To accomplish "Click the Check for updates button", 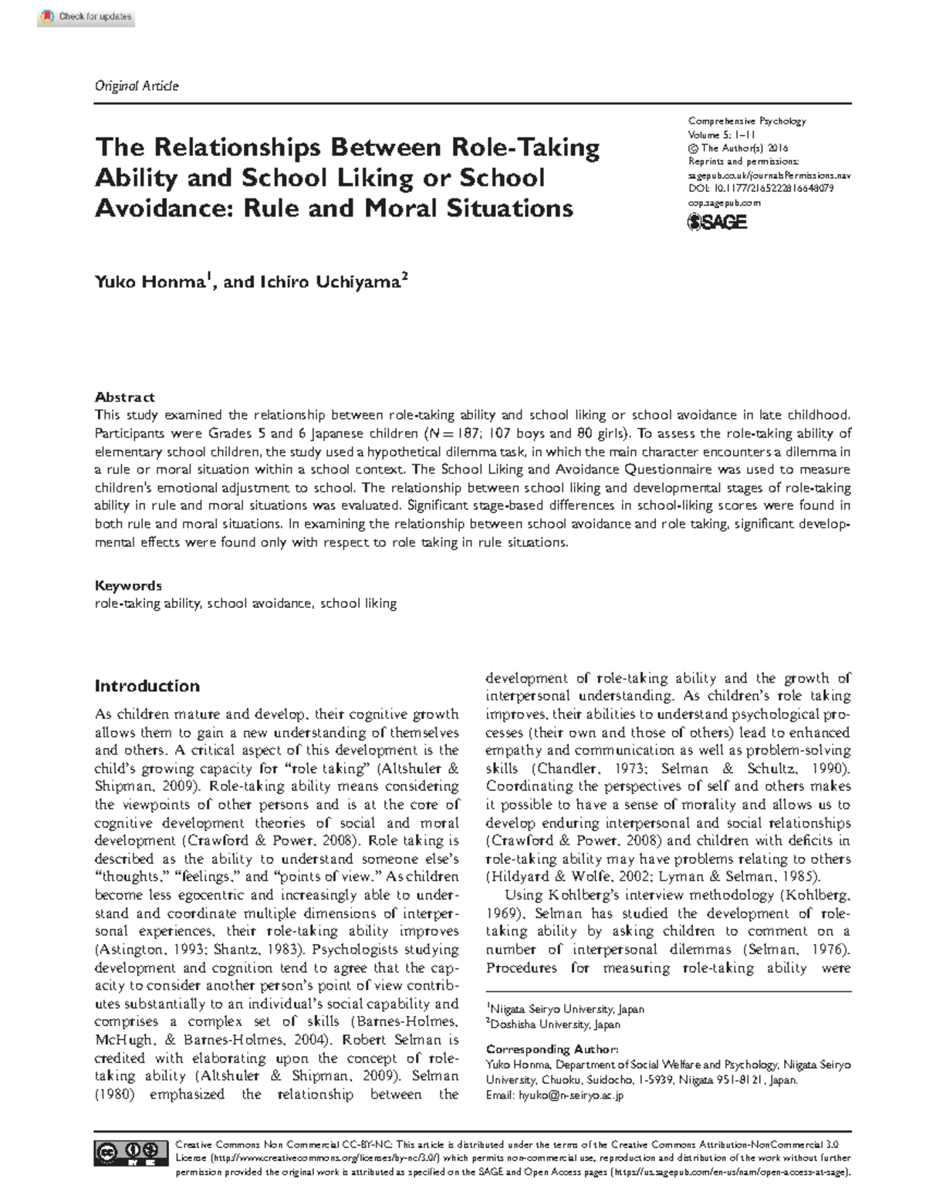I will pos(86,17).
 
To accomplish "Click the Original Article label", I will pos(136,86).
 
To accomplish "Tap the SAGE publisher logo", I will pos(717,222).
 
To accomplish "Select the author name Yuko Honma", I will pos(148,282).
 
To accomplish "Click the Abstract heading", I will pos(124,397).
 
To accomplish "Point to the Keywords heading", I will pos(128,586).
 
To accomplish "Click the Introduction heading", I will pos(147,686).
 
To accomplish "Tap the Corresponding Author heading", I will pos(552,1049).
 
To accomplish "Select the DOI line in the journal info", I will pos(760,188).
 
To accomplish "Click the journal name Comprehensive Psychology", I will pos(746,121).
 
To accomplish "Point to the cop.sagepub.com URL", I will pos(724,202).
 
